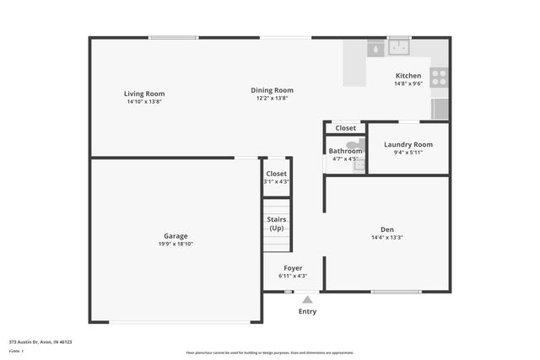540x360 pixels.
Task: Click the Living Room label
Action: pos(144,94)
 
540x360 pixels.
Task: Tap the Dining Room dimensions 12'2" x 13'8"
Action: pos(272,99)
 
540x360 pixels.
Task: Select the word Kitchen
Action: pos(408,76)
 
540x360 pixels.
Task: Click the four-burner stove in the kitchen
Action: pos(439,78)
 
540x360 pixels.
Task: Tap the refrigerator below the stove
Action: pos(440,108)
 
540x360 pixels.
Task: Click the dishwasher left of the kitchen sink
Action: pos(374,49)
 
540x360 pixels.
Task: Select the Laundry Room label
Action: pos(408,144)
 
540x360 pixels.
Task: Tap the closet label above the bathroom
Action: pos(345,128)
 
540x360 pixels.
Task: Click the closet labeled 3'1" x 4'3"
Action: pos(276,177)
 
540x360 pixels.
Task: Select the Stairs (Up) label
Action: pos(276,223)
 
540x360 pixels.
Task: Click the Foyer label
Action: pos(292,268)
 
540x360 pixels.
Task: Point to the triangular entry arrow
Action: pos(307,299)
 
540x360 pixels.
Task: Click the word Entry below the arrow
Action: pos(307,312)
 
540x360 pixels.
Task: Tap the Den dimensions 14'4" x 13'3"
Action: pos(387,238)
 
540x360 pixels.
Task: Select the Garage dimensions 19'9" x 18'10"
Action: pos(175,244)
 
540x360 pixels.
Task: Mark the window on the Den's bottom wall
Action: pos(396,292)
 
